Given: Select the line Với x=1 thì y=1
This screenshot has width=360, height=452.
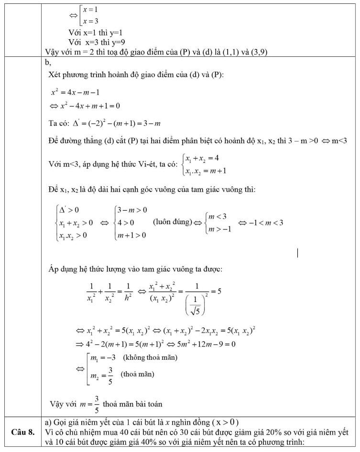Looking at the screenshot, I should (96, 33).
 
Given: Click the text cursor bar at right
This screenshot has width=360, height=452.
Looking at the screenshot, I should (298, 252).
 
